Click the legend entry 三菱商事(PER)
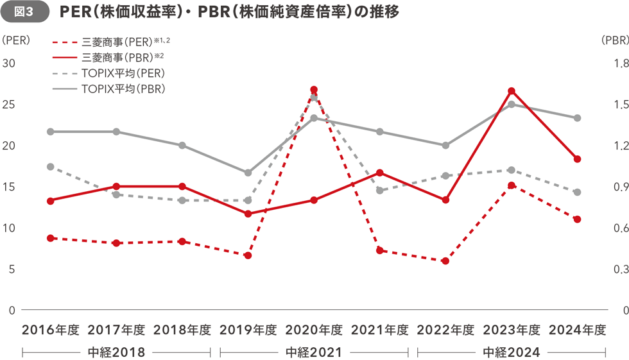[125, 42]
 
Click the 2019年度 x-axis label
[248, 330]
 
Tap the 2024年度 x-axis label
[577, 330]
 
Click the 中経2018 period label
[116, 352]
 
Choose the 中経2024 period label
[512, 352]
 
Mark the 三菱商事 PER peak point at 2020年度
[314, 90]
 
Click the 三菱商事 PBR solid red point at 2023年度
[512, 91]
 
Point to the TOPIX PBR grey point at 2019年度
[248, 173]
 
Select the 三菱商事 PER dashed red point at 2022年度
[445, 261]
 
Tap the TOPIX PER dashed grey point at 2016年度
[50, 167]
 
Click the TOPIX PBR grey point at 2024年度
[577, 118]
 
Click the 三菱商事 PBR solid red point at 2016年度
[50, 201]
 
